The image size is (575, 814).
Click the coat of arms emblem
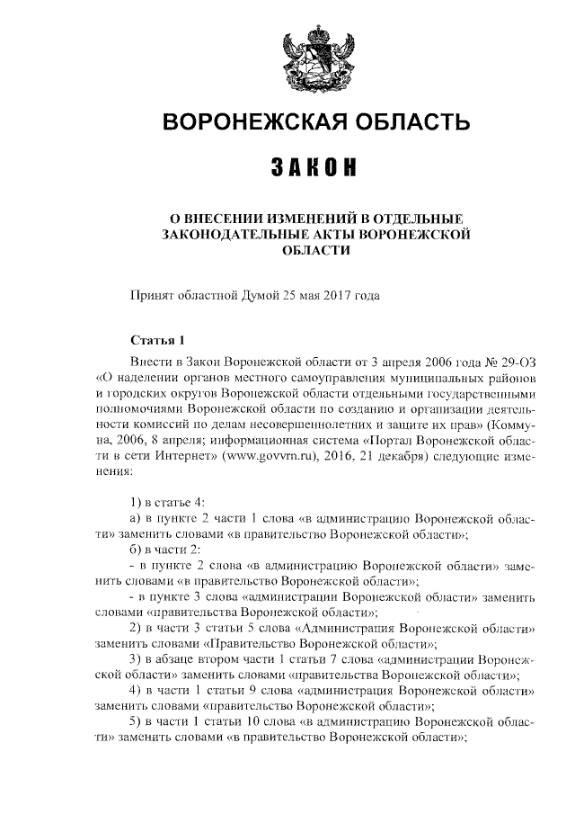[x=310, y=58]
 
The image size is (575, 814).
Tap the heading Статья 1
[x=156, y=341]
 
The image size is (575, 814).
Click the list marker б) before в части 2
[x=137, y=549]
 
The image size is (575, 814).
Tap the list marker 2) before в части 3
[x=136, y=629]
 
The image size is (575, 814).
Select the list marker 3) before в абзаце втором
[x=136, y=661]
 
